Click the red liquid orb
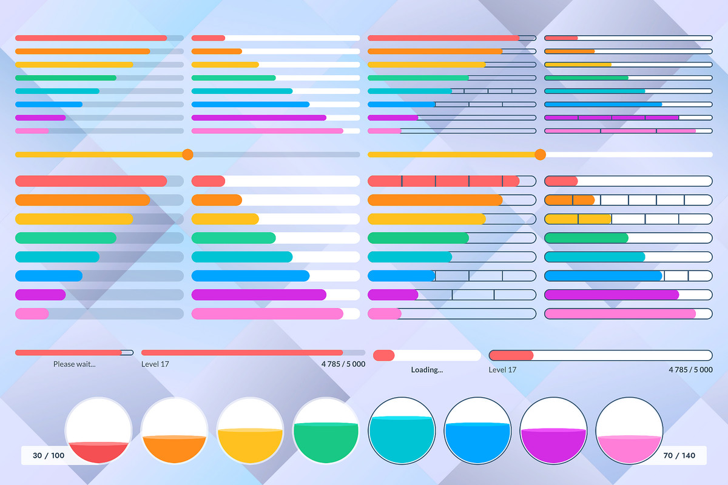[x=98, y=430]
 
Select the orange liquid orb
[x=174, y=430]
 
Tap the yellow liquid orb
[x=250, y=430]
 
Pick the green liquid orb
[x=326, y=430]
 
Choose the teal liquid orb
[x=402, y=430]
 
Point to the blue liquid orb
[x=478, y=430]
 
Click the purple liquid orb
[x=554, y=430]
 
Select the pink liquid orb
[x=629, y=430]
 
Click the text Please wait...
[x=74, y=364]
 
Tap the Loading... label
[x=427, y=370]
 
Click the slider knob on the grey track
[x=187, y=155]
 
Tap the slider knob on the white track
[x=540, y=155]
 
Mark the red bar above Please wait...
[x=74, y=352]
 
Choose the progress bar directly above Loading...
[x=427, y=355]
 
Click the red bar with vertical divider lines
[x=451, y=181]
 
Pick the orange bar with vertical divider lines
[x=628, y=199]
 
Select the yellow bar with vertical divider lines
[x=628, y=219]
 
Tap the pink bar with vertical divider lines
[x=628, y=131]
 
